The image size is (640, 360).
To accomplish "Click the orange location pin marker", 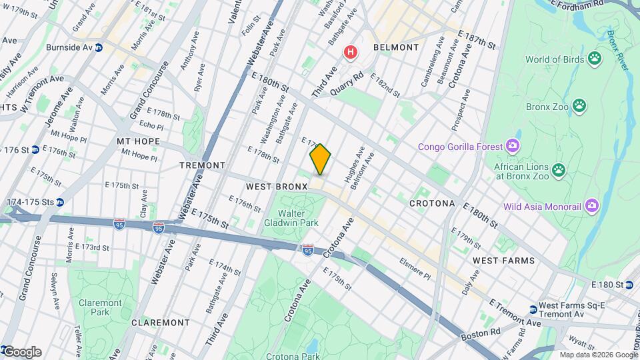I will pos(320,159).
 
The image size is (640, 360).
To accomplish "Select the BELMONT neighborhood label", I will pos(396,47).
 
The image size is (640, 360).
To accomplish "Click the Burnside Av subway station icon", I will pos(99,48).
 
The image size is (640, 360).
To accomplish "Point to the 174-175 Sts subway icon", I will pos(60,202).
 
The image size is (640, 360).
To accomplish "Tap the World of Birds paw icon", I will pos(594,59).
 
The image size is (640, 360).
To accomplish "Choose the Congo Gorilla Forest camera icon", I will pos(512,145).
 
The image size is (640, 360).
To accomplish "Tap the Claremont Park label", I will pos(100,307).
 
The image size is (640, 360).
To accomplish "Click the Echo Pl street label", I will pos(151,126).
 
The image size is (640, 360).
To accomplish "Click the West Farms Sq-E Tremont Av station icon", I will pos(533,309).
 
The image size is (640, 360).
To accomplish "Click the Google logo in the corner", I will pos(21,352).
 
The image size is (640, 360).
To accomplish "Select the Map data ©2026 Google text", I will pos(598,355).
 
